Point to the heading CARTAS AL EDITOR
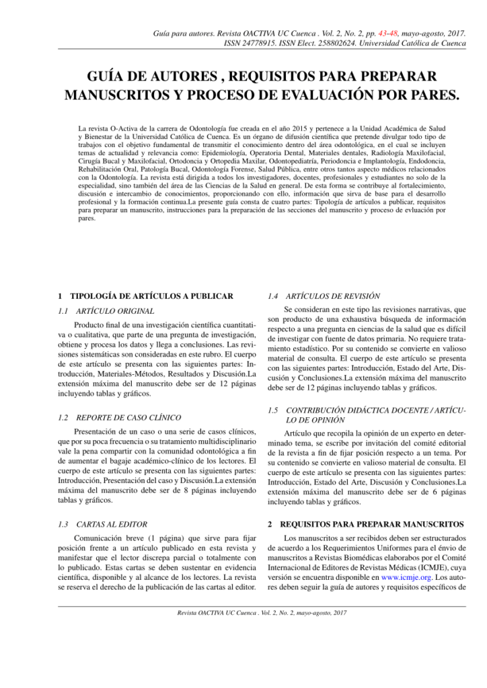pos(112,523)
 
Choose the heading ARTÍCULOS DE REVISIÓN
pos(333,295)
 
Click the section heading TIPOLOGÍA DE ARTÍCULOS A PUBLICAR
pos(151,295)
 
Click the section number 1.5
pos(273,410)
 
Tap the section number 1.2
pos(65,417)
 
